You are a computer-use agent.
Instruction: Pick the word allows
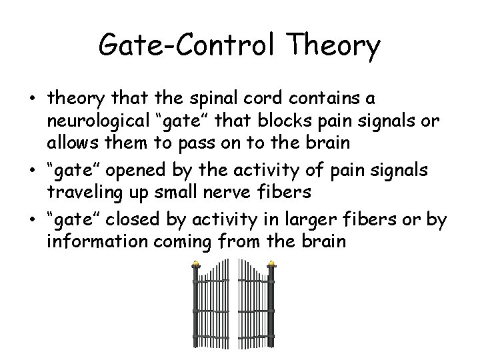point(72,143)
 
